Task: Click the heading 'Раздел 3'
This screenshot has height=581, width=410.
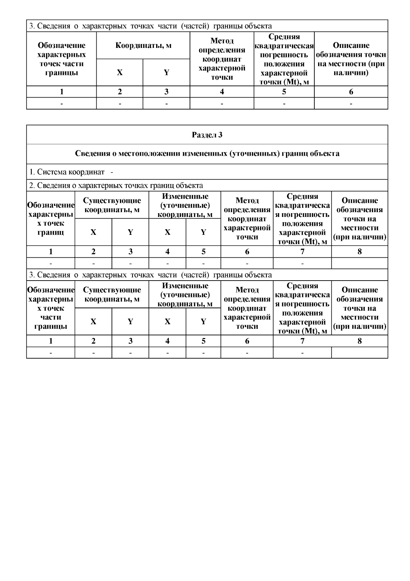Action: point(207,135)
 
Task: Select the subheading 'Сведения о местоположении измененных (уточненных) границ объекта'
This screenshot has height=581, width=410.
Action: point(207,154)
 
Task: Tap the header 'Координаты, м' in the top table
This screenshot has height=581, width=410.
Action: point(143,46)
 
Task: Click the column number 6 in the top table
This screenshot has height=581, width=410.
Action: point(351,92)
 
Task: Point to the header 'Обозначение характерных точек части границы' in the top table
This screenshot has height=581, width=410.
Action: point(61,59)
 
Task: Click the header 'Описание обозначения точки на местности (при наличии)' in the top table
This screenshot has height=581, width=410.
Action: point(351,59)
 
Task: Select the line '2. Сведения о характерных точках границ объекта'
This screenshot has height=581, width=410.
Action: point(116,185)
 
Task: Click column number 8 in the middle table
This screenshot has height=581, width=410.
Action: point(359,252)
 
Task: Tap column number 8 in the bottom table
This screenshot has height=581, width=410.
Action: point(359,341)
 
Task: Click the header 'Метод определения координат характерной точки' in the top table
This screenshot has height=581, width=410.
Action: point(222,59)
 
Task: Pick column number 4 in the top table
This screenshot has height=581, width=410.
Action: point(222,92)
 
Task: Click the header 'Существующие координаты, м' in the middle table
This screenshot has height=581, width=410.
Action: point(112,205)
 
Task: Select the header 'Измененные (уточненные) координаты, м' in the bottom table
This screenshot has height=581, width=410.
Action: point(185,295)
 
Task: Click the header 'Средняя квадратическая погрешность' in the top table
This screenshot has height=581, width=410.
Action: point(284,59)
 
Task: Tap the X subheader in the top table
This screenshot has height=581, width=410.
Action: point(120,73)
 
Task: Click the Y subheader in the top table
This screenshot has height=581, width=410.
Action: point(166,73)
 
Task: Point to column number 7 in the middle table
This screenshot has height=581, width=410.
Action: point(302,252)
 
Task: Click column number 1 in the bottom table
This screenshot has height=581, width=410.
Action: point(51,341)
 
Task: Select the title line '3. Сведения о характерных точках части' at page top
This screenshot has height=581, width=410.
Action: point(150,26)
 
